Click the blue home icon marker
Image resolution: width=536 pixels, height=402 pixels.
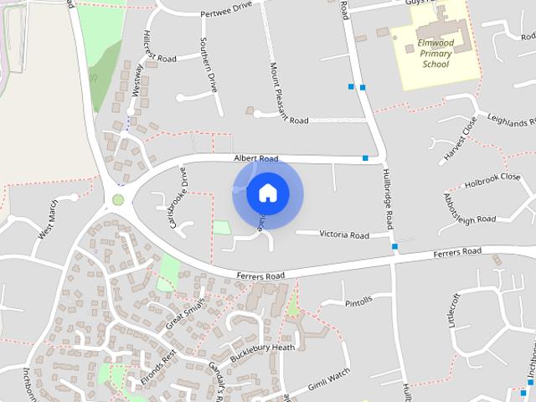[x=267, y=193]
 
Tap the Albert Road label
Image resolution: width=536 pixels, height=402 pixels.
[x=256, y=158]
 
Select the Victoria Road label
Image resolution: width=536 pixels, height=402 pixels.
[x=344, y=235]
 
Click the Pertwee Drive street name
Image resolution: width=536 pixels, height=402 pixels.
[x=226, y=14]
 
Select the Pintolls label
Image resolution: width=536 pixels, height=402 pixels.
[x=358, y=303]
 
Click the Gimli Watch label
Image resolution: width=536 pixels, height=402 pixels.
[x=327, y=382]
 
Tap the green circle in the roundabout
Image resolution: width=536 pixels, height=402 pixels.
[x=118, y=199]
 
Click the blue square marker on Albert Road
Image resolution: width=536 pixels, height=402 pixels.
[x=365, y=157]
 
